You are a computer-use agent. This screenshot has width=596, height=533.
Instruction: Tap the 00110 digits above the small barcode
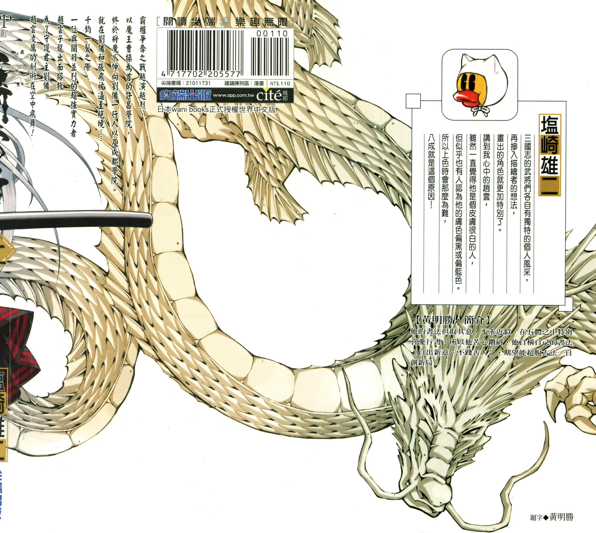(272, 34)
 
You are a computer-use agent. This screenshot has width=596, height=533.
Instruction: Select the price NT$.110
(280, 84)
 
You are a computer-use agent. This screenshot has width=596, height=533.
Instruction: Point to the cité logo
(269, 95)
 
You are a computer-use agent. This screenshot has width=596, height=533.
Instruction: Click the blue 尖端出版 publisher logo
(185, 95)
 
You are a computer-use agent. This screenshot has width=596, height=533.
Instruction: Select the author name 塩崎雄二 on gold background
(550, 155)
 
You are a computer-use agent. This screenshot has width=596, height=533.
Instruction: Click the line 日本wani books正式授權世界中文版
(217, 109)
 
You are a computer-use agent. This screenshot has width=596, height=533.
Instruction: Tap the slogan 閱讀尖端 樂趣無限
(225, 21)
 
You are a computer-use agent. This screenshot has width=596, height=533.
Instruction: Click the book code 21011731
(198, 83)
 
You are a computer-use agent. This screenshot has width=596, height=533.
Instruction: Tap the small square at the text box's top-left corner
(413, 101)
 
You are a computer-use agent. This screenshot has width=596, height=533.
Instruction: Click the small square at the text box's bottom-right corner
(565, 304)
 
